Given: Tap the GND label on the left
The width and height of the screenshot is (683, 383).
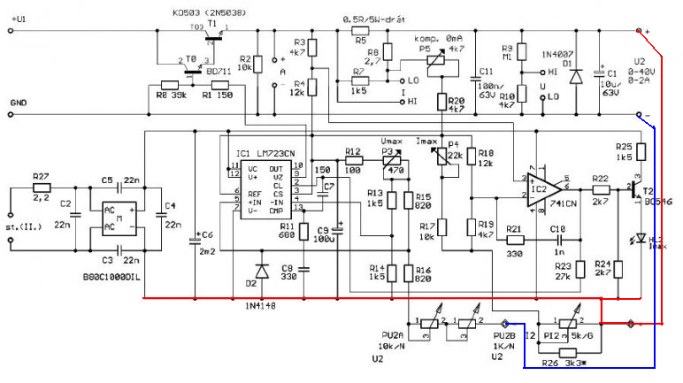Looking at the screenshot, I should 18,103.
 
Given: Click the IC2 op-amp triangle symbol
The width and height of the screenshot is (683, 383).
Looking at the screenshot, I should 539,189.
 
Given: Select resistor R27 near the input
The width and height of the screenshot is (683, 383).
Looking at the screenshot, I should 42,188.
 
